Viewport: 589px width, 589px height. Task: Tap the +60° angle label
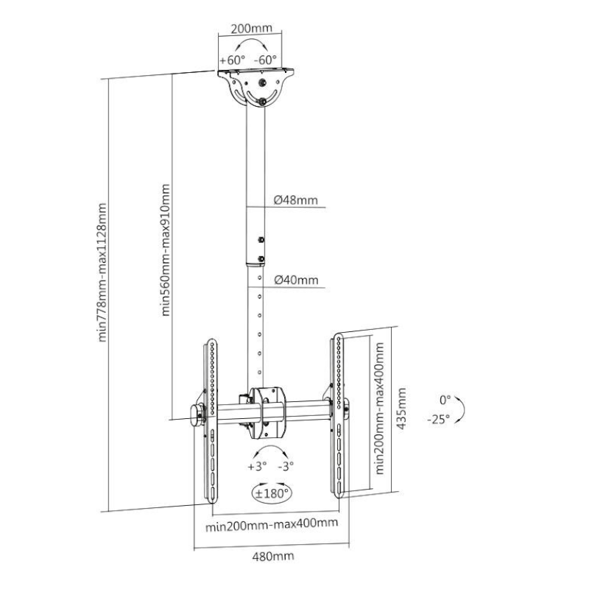[x=232, y=60]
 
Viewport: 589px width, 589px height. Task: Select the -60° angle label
[x=265, y=60]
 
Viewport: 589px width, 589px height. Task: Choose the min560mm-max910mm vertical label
[x=166, y=250]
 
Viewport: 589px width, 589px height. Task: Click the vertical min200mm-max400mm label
[x=380, y=412]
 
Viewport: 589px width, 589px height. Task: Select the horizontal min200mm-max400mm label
[x=272, y=524]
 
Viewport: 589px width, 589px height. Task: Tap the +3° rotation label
[x=257, y=466]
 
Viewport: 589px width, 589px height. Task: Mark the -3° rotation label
[x=286, y=466]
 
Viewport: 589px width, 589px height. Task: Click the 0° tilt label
[x=444, y=400]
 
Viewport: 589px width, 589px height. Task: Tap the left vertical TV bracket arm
[x=209, y=420]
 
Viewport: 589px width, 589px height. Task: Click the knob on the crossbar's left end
[x=197, y=412]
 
